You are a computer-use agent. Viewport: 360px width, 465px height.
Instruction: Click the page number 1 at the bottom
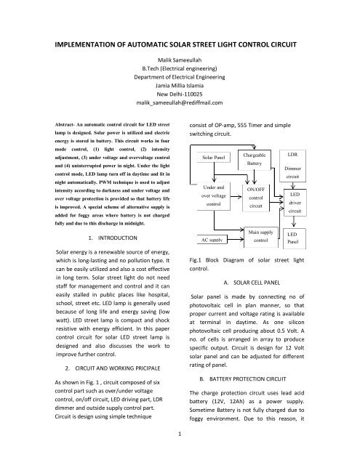click(x=180, y=454)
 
